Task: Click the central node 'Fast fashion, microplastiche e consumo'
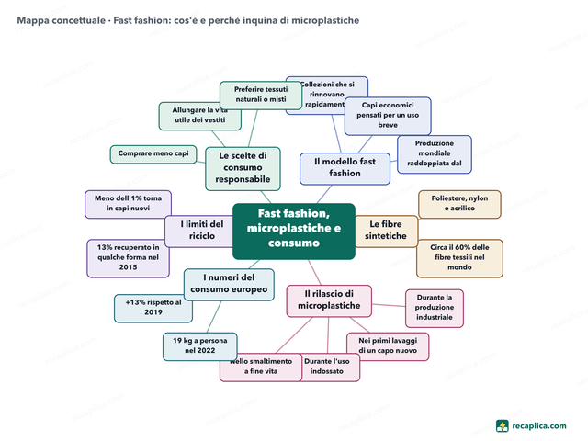pyautogui.click(x=294, y=232)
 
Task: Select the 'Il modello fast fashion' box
pyautogui.click(x=345, y=169)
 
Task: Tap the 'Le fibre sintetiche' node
pyautogui.click(x=386, y=232)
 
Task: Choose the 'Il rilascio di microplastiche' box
pyautogui.click(x=329, y=300)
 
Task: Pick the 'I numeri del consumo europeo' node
pyautogui.click(x=229, y=285)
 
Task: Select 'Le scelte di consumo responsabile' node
pyautogui.click(x=243, y=169)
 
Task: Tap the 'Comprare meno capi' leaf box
pyautogui.click(x=153, y=154)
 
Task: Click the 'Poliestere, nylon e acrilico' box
pyautogui.click(x=459, y=204)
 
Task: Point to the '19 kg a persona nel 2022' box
pyautogui.click(x=200, y=346)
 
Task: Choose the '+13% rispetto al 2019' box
pyautogui.click(x=153, y=309)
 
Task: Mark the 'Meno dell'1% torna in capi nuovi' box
pyautogui.click(x=128, y=204)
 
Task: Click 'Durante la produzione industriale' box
pyautogui.click(x=435, y=309)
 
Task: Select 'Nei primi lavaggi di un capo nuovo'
pyautogui.click(x=388, y=346)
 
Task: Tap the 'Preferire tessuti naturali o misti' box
pyautogui.click(x=261, y=96)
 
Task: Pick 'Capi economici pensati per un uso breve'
pyautogui.click(x=388, y=117)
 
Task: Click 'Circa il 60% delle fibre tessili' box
pyautogui.click(x=459, y=258)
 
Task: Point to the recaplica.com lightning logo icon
pyautogui.click(x=503, y=426)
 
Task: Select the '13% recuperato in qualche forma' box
pyautogui.click(x=128, y=258)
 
